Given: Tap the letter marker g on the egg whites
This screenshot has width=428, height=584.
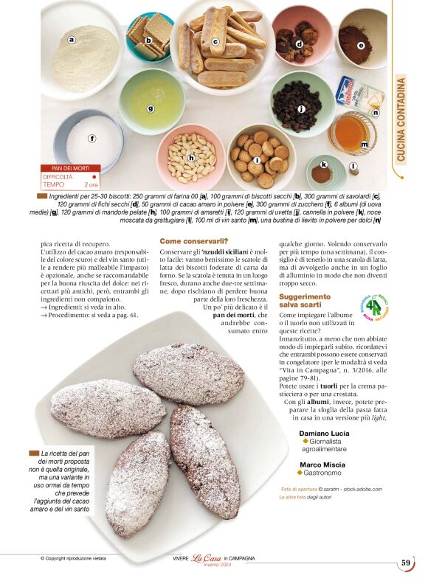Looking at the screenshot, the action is click(x=151, y=108).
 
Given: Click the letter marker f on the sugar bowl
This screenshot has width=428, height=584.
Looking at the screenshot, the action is click(x=92, y=138).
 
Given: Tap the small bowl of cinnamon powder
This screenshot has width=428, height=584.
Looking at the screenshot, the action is click(x=322, y=173).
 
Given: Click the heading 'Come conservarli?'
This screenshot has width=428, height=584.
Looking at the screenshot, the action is click(x=194, y=240).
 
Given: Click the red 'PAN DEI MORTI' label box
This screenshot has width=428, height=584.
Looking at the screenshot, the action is click(x=70, y=168).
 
